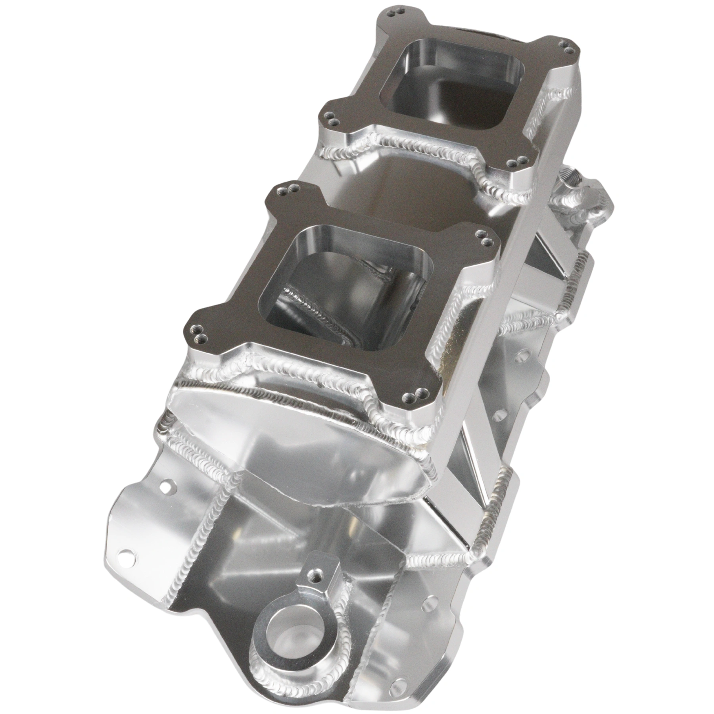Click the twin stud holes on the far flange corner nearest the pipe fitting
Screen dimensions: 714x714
pyautogui.click(x=515, y=162)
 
